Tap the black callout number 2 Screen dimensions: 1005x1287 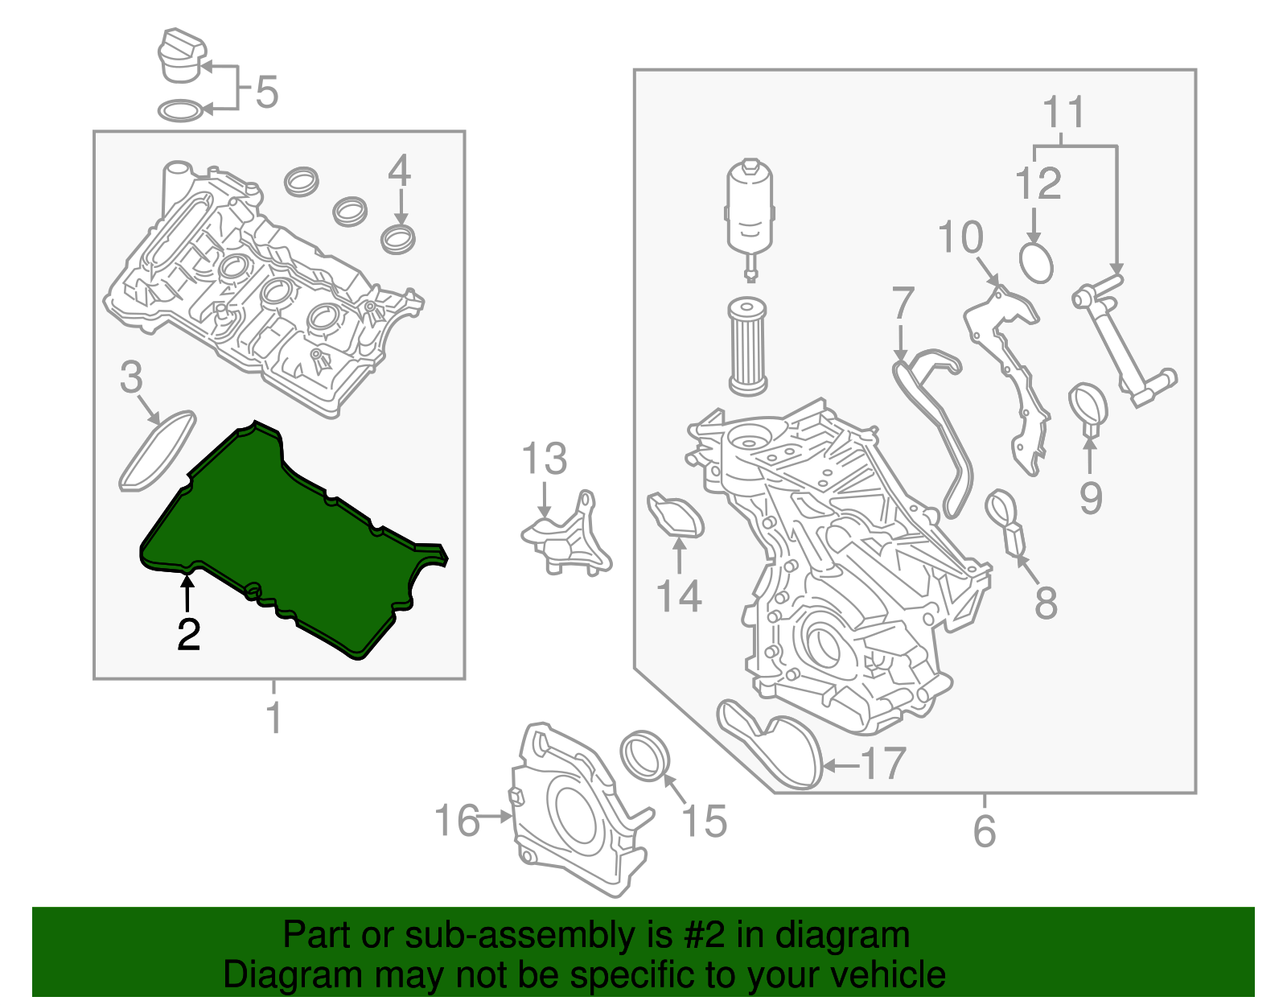(x=188, y=635)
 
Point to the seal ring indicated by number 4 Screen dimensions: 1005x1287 (x=398, y=239)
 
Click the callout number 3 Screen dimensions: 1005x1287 (x=131, y=377)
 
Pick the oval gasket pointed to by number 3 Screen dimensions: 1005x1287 (x=158, y=451)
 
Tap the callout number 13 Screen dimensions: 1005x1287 (x=545, y=459)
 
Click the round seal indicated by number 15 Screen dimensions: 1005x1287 (x=645, y=756)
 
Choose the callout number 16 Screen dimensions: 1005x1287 (x=455, y=821)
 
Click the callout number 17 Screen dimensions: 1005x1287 (x=884, y=764)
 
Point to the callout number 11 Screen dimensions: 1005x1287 (x=1063, y=113)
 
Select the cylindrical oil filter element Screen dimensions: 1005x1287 (x=747, y=346)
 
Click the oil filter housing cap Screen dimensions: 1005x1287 (x=750, y=205)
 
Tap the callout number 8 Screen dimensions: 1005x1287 (x=1045, y=603)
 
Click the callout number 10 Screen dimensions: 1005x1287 (x=960, y=237)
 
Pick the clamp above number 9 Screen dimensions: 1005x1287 (x=1088, y=406)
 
